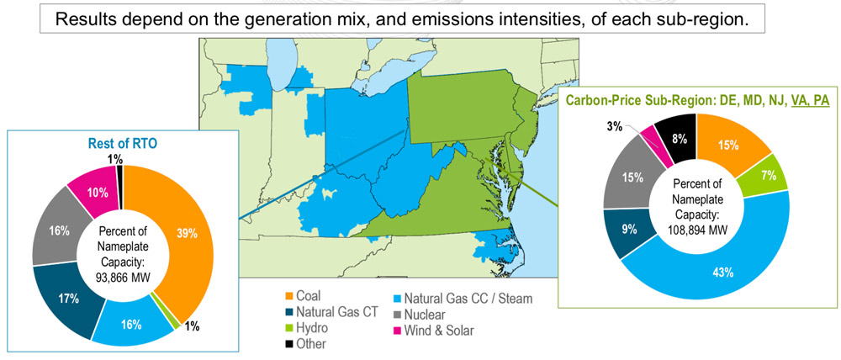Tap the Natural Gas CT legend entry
pyautogui.click(x=337, y=313)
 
